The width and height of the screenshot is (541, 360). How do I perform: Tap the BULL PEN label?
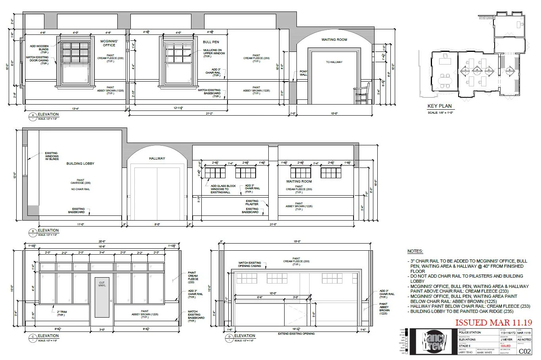point(210,42)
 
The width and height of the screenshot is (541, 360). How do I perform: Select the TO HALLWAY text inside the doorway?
point(334,62)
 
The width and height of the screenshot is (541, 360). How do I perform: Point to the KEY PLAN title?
point(439,106)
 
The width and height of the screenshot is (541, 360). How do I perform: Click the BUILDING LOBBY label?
point(80,164)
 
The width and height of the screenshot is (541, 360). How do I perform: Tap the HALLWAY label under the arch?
point(157,158)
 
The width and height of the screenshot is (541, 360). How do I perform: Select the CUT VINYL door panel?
point(102,297)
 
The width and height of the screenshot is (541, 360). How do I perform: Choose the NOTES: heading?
point(415,251)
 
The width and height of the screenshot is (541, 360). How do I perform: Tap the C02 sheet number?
point(525,351)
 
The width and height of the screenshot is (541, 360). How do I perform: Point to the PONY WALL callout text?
point(303,73)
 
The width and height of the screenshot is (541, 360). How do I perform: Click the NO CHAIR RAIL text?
point(80,189)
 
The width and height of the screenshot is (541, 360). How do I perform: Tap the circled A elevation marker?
point(32,116)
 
